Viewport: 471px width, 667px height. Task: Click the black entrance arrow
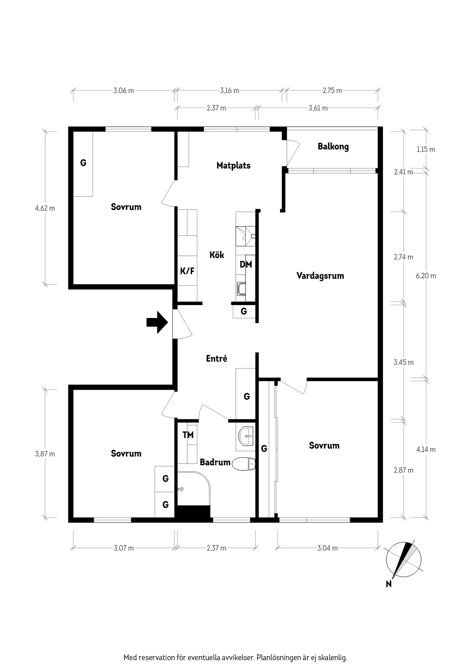tap(157, 322)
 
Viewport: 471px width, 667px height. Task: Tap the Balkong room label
tap(333, 147)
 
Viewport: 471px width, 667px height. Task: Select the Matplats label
tap(233, 165)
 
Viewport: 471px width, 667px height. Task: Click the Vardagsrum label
tap(320, 276)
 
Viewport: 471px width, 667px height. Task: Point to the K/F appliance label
tap(187, 271)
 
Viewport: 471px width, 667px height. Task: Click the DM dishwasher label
tap(246, 264)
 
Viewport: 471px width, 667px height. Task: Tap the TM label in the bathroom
tap(188, 435)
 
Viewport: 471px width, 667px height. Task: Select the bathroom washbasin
tap(246, 436)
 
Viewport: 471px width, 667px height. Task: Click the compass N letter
tap(389, 584)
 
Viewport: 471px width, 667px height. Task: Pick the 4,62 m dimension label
tap(45, 208)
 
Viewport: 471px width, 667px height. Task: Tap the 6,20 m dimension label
tap(426, 276)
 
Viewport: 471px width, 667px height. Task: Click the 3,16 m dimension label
tap(229, 91)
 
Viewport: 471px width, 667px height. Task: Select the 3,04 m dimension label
tap(327, 548)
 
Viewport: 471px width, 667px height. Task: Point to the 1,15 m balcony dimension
tap(426, 149)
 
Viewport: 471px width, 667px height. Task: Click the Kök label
tap(217, 255)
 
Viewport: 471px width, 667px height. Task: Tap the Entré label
tap(216, 358)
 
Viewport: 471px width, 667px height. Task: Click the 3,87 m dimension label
tap(45, 454)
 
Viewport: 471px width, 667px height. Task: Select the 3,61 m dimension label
tap(318, 108)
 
